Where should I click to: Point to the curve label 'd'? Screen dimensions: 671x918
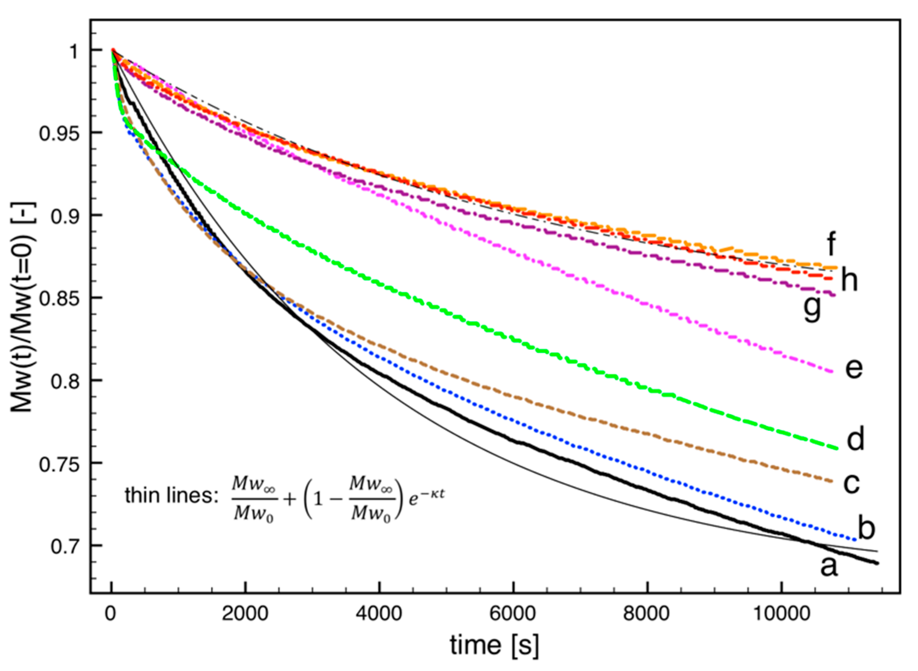(x=855, y=439)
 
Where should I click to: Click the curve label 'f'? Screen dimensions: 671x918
(x=831, y=244)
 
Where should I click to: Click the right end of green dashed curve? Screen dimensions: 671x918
(x=836, y=448)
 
